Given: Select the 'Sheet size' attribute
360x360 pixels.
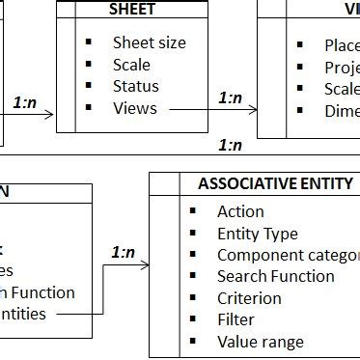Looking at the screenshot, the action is point(149,42).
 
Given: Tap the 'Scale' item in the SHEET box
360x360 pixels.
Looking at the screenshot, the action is point(131,65).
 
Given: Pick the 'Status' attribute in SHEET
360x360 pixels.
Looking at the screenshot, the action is point(135,87).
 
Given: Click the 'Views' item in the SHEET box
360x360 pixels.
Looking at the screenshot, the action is point(134,108).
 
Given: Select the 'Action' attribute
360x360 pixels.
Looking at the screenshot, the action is point(240,211).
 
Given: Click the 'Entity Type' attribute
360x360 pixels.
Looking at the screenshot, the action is point(257,234).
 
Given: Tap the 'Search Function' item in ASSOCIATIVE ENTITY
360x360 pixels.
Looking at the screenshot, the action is point(275,277).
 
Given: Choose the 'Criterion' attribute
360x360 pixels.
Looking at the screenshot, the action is point(249,298).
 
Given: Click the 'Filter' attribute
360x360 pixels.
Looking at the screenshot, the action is point(235,319).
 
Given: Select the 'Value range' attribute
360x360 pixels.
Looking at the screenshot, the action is point(260,342).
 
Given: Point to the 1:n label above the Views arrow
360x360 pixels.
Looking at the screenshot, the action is point(230,97).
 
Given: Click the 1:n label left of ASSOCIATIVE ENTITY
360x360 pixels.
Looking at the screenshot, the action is point(123,253).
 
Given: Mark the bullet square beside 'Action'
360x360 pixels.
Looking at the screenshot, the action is point(192,211).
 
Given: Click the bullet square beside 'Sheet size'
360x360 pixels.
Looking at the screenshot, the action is point(88,42).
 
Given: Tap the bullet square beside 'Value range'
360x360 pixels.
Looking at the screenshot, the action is point(192,342).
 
